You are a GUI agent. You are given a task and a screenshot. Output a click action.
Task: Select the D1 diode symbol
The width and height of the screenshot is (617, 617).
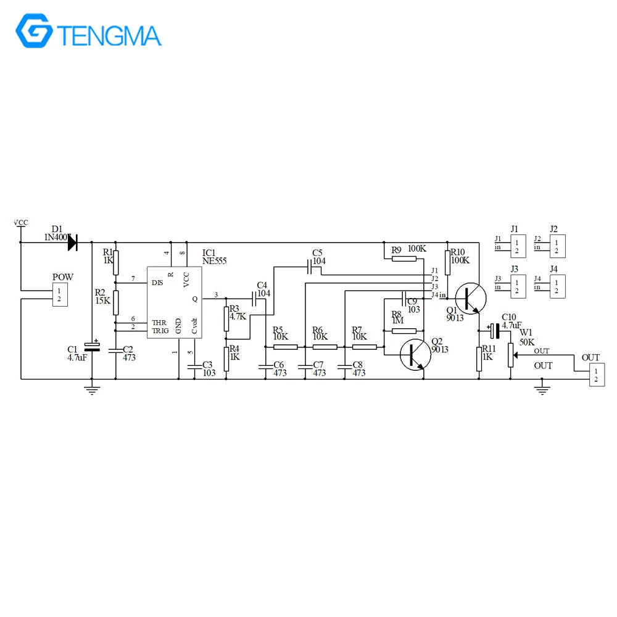pos(72,242)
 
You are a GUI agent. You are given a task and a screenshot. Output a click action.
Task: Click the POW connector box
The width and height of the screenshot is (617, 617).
pos(59,295)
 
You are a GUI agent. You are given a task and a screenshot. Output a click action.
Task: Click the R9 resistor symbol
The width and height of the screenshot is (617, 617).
pos(404,259)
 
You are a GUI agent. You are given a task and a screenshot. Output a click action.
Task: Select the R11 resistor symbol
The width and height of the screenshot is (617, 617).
pos(479,358)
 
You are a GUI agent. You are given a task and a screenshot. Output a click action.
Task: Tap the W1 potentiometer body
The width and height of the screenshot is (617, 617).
pos(510,354)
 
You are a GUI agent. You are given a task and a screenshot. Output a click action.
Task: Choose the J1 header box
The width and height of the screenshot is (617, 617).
pos(516,247)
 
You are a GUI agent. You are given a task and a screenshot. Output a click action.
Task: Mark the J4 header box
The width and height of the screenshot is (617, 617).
pos(557,286)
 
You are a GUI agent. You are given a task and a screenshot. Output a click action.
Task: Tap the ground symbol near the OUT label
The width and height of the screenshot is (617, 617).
pos(542,387)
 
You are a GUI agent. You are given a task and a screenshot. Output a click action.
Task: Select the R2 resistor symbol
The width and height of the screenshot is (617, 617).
pos(115,302)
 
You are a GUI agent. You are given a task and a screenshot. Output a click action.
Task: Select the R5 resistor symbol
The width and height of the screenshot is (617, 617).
pos(286,347)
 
